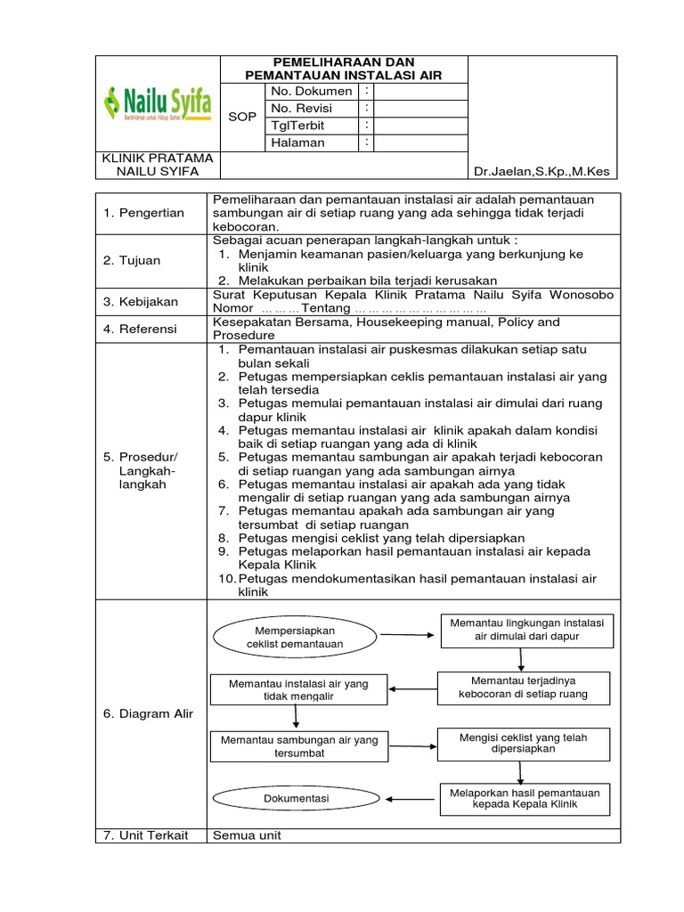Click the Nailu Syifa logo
(x=158, y=103)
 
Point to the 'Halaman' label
(x=297, y=142)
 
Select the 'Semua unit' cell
(x=247, y=835)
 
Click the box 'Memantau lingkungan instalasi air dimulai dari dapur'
(x=526, y=630)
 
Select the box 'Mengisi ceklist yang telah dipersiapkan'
(x=523, y=744)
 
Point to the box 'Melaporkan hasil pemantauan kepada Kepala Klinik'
(x=525, y=798)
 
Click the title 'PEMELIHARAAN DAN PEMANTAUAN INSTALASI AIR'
(x=343, y=69)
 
